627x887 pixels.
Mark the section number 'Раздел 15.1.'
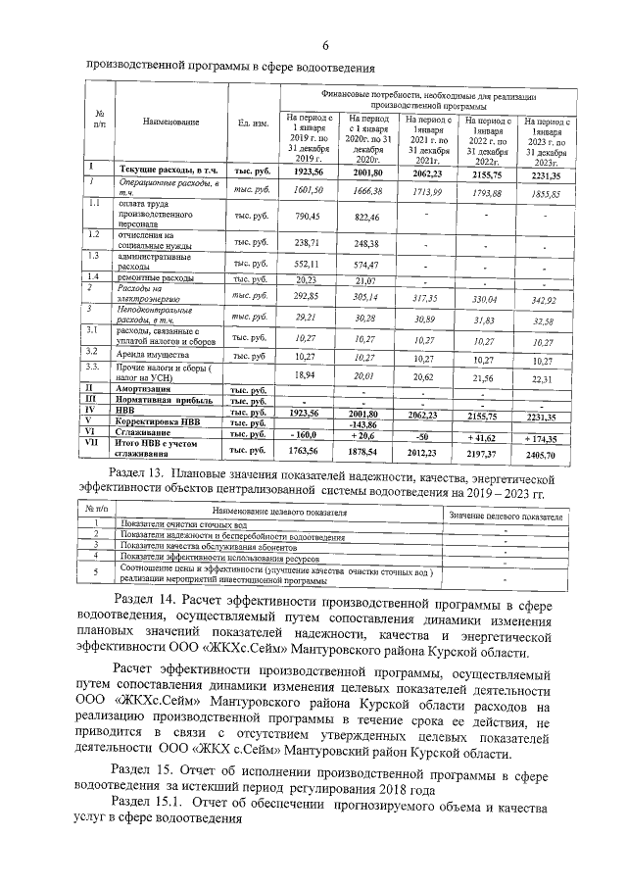coord(150,803)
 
